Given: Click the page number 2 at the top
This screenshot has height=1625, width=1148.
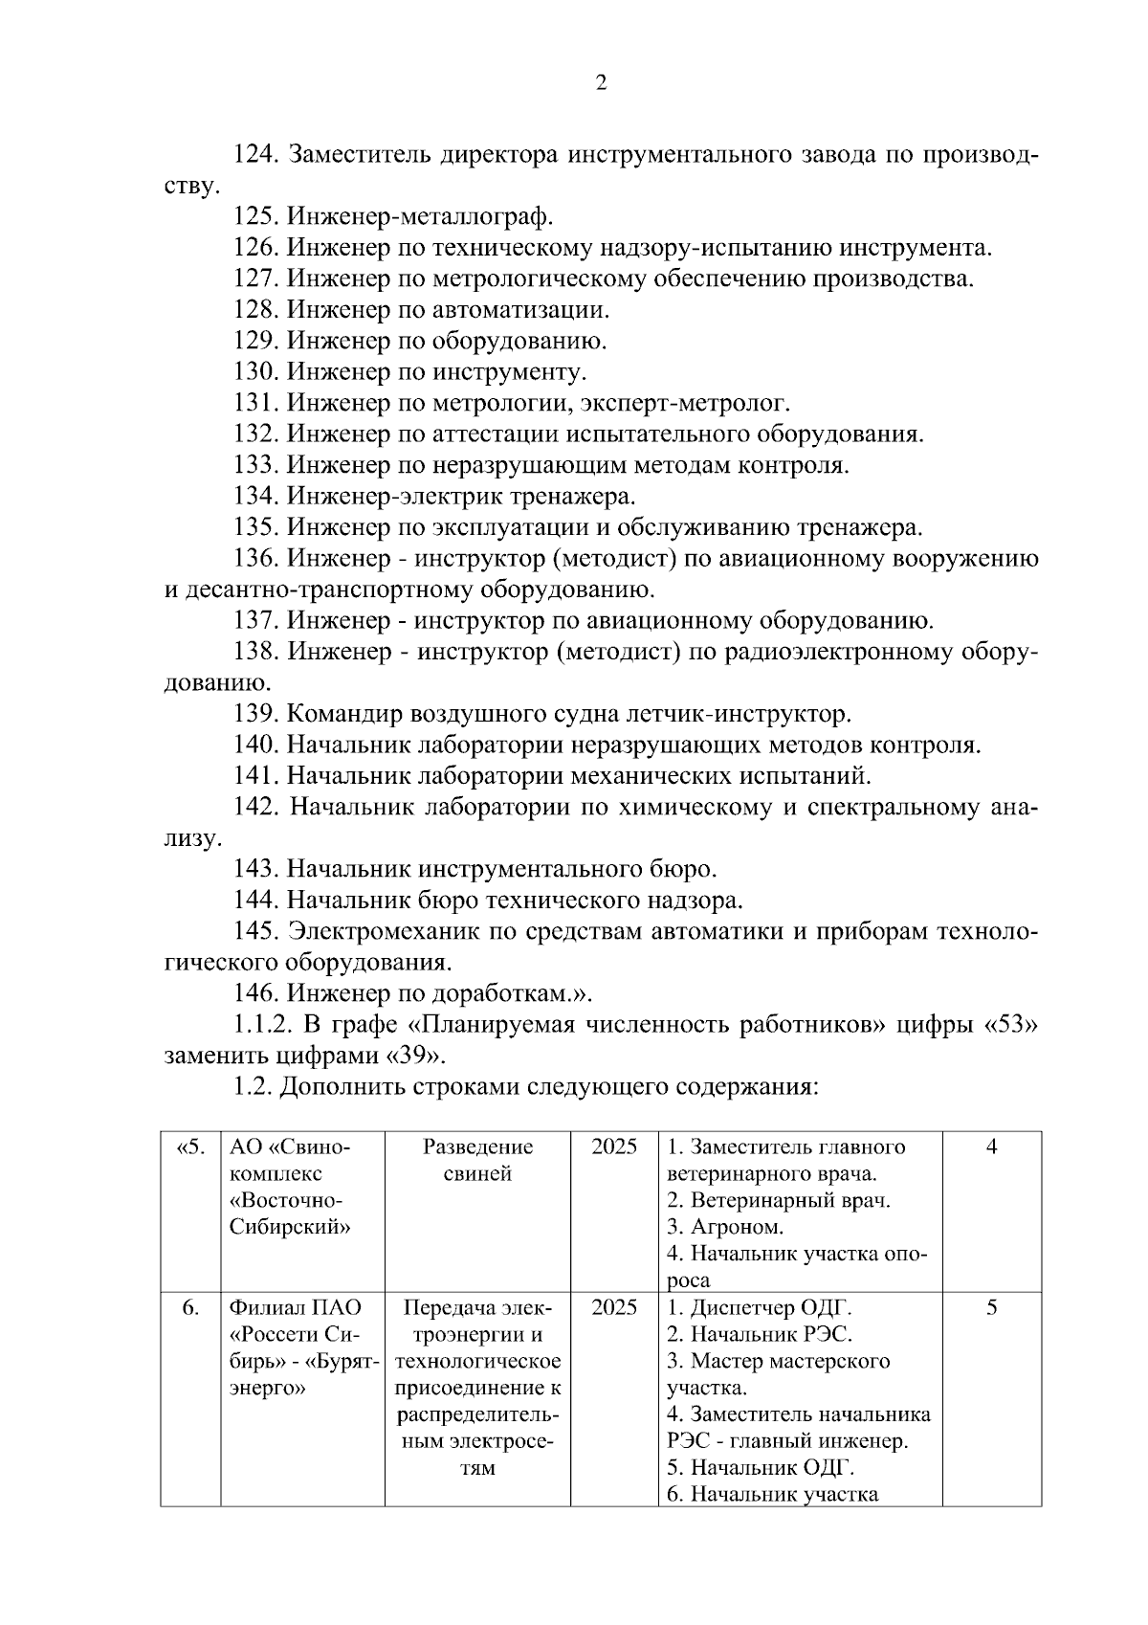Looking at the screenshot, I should pyautogui.click(x=601, y=84).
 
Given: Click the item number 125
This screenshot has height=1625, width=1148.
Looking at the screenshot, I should pyautogui.click(x=256, y=217).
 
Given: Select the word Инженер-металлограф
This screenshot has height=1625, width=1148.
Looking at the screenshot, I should pyautogui.click(x=420, y=217).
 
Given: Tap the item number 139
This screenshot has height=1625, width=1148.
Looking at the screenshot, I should pyautogui.click(x=256, y=715).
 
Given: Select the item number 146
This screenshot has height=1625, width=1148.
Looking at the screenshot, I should pyautogui.click(x=256, y=993).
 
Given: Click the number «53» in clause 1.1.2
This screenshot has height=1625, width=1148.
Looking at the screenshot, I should pyautogui.click(x=1011, y=1025).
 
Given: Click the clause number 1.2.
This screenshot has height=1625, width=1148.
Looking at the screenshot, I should pyautogui.click(x=253, y=1087).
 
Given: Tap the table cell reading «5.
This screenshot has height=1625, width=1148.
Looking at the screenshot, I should pyautogui.click(x=190, y=1147).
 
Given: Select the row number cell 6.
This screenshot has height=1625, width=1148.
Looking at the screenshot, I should pyautogui.click(x=190, y=1308).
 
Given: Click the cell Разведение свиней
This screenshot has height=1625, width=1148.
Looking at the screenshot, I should pyautogui.click(x=477, y=1160).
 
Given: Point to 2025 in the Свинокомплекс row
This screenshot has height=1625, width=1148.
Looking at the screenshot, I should pyautogui.click(x=614, y=1147).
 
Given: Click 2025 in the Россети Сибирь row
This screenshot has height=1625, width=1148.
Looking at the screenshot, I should pyautogui.click(x=614, y=1308).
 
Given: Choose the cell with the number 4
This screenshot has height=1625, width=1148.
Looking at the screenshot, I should pyautogui.click(x=991, y=1147).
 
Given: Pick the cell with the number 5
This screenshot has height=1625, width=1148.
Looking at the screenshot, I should pyautogui.click(x=991, y=1308).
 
